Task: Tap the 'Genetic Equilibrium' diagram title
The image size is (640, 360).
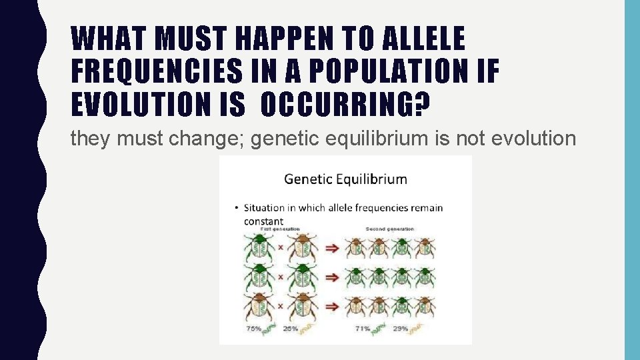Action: [345, 179]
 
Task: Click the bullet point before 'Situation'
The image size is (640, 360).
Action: [237, 207]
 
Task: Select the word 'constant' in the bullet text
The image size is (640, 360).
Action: [263, 221]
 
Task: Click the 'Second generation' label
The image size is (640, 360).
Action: [390, 229]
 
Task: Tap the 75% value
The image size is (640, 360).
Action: [253, 328]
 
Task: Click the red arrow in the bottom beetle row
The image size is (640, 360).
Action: [332, 306]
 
